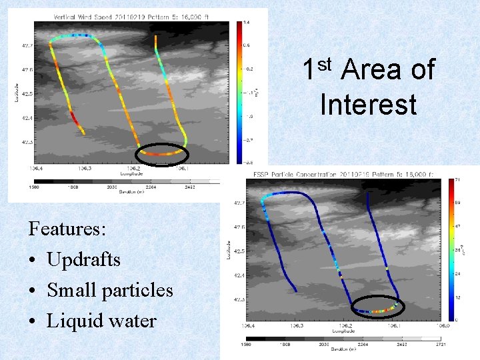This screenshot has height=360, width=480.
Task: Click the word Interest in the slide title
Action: [x=368, y=105]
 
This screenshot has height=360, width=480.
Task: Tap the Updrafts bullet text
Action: [x=83, y=259]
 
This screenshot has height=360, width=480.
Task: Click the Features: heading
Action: [x=67, y=229]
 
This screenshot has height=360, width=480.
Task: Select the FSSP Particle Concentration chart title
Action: [x=343, y=174]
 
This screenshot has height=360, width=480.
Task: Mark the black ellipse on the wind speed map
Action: [x=161, y=154]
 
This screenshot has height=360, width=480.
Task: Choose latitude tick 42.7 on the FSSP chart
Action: [x=238, y=203]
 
